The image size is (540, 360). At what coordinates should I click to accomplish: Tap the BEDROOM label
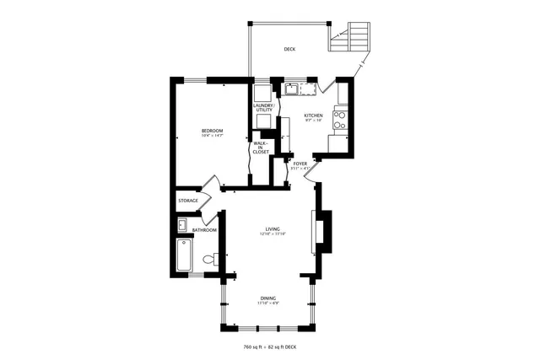click(x=212, y=130)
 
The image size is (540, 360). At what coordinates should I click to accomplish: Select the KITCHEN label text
click(x=314, y=115)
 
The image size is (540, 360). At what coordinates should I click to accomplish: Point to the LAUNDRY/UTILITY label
click(x=264, y=108)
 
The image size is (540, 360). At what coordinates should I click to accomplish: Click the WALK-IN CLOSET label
click(x=260, y=148)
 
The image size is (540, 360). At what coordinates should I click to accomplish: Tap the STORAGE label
click(x=187, y=201)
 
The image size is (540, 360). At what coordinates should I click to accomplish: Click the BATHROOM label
click(x=204, y=230)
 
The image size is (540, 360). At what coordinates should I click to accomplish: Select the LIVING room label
click(x=273, y=228)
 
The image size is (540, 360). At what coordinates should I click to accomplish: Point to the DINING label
click(x=267, y=298)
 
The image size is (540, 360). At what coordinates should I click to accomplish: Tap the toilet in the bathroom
click(x=219, y=258)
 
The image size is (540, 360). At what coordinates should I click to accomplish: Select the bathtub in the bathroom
click(x=185, y=255)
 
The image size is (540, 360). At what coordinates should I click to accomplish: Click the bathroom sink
click(x=182, y=225)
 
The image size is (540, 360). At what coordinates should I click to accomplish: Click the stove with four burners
click(x=340, y=120)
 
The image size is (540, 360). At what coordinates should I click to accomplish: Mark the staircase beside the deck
click(x=350, y=38)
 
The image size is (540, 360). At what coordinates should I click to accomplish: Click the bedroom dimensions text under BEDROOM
click(x=212, y=136)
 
